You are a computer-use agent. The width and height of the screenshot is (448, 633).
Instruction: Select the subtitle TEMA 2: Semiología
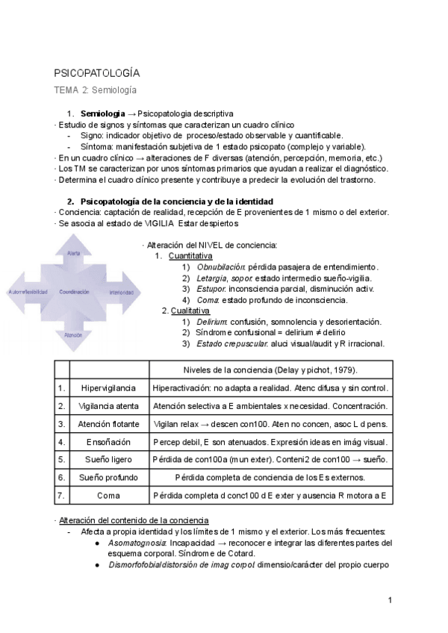(95, 90)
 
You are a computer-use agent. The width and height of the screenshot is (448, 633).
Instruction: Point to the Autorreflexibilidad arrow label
(28, 292)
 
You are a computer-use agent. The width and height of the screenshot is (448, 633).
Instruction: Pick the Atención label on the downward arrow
(74, 335)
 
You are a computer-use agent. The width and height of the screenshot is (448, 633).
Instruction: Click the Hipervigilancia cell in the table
(109, 388)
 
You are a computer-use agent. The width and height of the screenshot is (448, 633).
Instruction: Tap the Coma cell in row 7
(109, 495)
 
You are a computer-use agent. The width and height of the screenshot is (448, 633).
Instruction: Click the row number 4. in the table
(61, 442)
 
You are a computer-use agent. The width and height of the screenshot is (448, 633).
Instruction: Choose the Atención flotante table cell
(109, 424)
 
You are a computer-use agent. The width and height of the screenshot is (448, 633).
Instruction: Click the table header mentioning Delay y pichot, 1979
(270, 370)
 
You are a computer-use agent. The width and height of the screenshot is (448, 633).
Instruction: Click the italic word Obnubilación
(221, 266)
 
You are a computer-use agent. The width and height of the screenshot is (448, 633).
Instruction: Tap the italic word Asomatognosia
(139, 543)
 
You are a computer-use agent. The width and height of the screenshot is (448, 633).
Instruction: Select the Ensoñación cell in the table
(109, 442)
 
